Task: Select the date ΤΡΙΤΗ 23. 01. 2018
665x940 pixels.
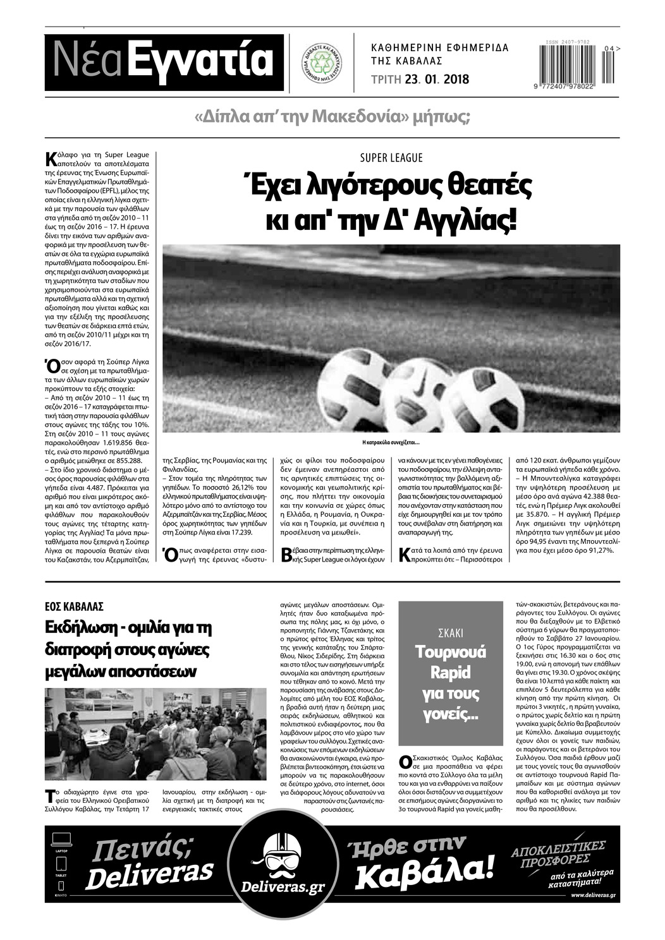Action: pyautogui.click(x=420, y=80)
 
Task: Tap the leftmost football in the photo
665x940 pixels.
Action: pyautogui.click(x=354, y=385)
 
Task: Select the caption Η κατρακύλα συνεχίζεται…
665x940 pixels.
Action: pyautogui.click(x=391, y=443)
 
